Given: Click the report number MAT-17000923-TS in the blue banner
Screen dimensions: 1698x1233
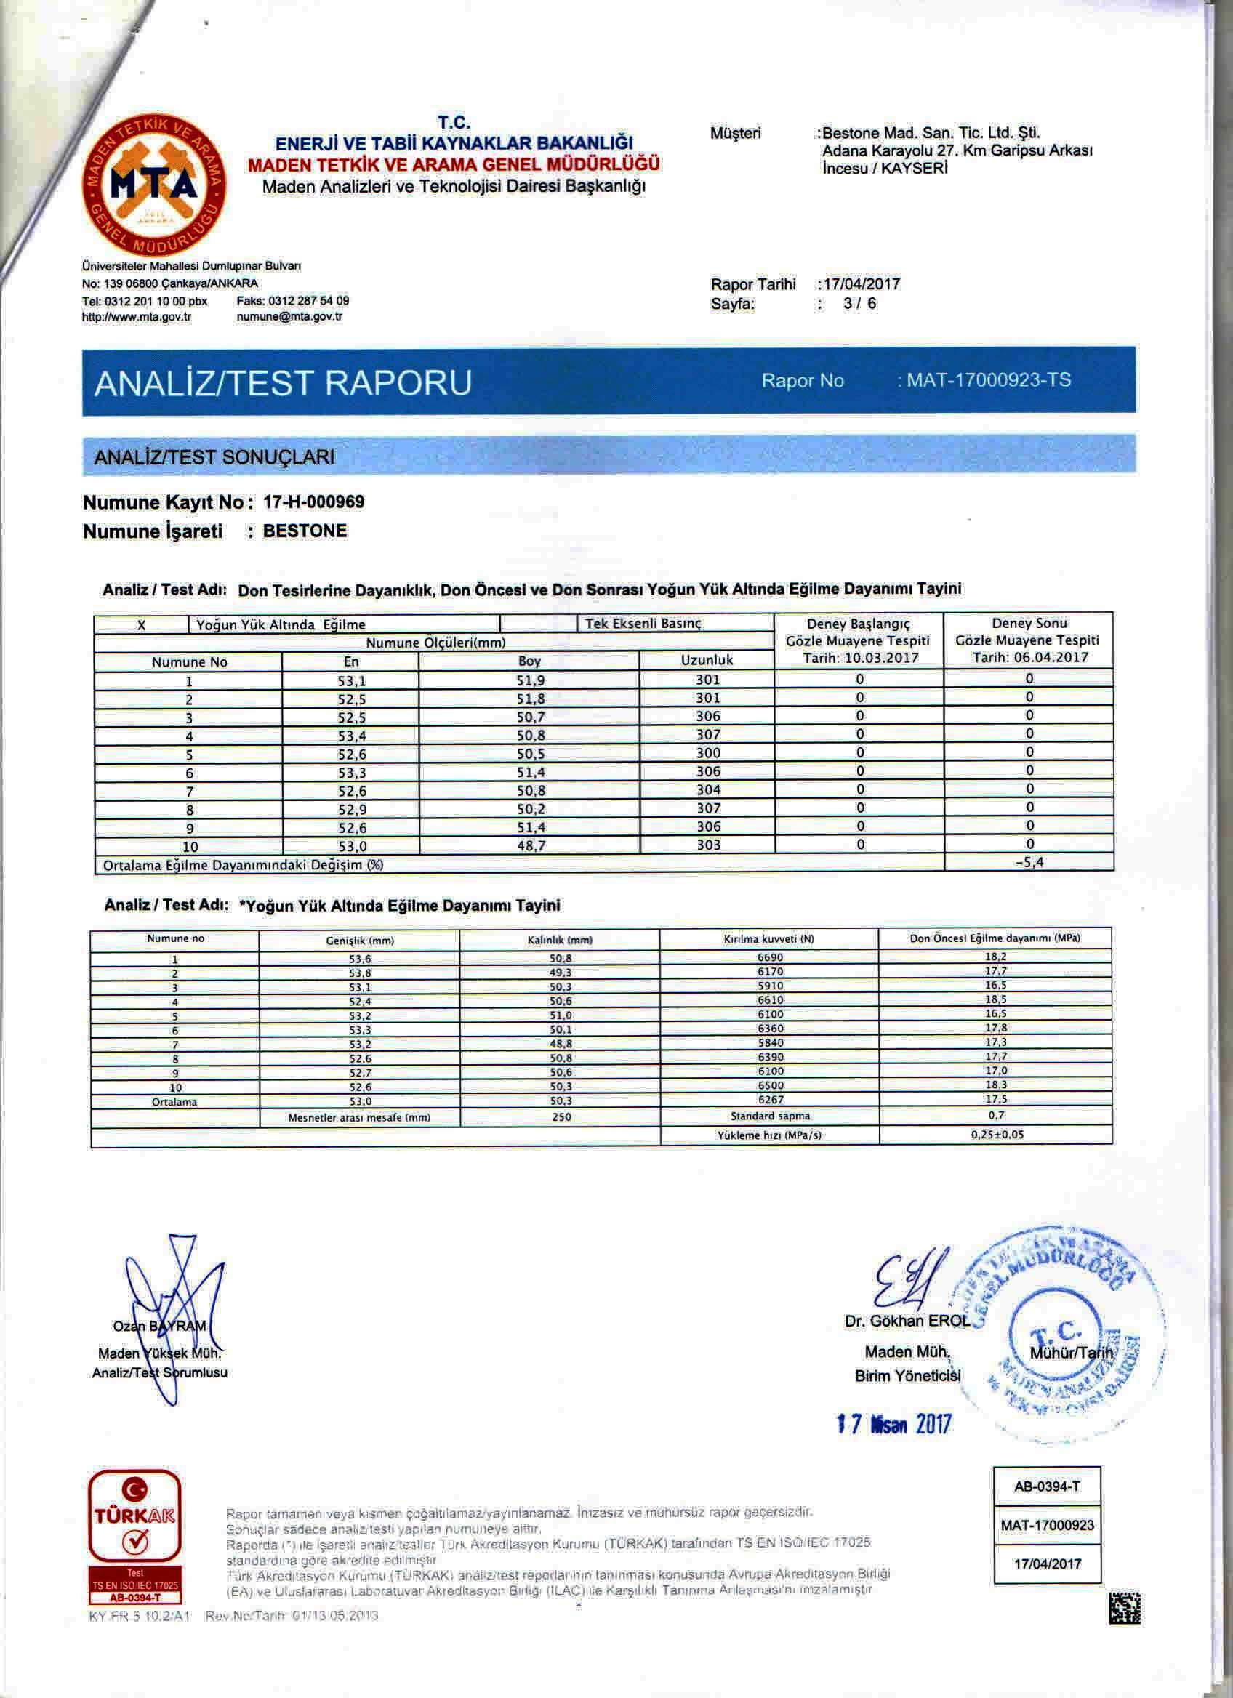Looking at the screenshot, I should (988, 380).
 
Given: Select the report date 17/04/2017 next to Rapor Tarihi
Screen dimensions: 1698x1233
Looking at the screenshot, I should (860, 284).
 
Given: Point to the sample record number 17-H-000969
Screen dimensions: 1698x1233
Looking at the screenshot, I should (314, 502).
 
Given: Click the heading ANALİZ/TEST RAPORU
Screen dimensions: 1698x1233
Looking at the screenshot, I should (283, 382).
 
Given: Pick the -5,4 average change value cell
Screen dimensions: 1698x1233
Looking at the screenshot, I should (1029, 862).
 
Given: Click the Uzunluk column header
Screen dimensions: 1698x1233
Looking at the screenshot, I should (707, 660).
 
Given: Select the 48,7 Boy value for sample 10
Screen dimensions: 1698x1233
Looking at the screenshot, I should (529, 845).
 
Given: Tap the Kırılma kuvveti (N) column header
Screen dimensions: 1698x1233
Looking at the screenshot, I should (769, 939).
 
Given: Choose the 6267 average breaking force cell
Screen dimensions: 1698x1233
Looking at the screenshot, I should (770, 1101).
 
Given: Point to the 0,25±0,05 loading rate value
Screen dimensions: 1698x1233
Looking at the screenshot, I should (997, 1134).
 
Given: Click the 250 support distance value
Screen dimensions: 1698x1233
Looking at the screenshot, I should (560, 1117).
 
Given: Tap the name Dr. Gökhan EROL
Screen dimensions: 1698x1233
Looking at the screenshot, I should (907, 1321).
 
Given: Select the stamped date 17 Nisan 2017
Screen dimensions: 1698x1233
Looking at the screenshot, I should (893, 1424).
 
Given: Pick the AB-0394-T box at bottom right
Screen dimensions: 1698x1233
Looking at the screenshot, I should (1047, 1486).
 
